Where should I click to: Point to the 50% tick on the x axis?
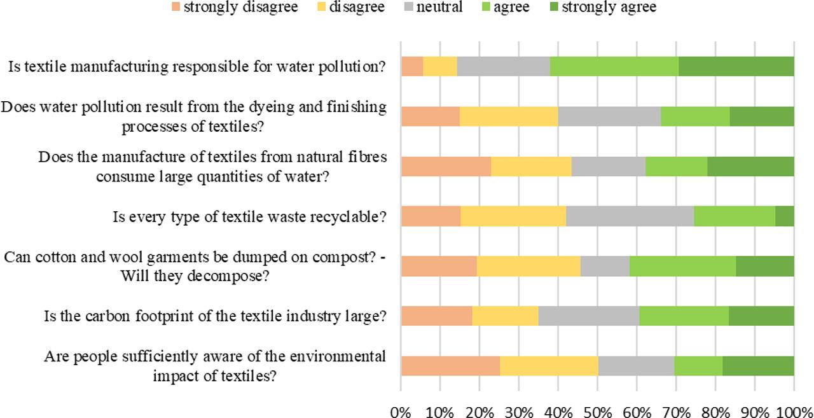[598, 411]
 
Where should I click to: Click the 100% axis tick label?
[794, 411]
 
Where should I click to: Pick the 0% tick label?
[401, 411]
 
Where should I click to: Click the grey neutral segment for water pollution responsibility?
[503, 66]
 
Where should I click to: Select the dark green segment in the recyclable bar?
[784, 216]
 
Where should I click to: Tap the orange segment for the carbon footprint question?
[436, 316]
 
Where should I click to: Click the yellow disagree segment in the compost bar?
[528, 266]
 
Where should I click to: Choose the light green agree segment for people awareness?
[698, 366]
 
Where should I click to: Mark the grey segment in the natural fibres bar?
[608, 166]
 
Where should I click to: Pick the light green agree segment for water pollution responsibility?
[614, 66]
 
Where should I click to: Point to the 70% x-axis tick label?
[677, 411]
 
